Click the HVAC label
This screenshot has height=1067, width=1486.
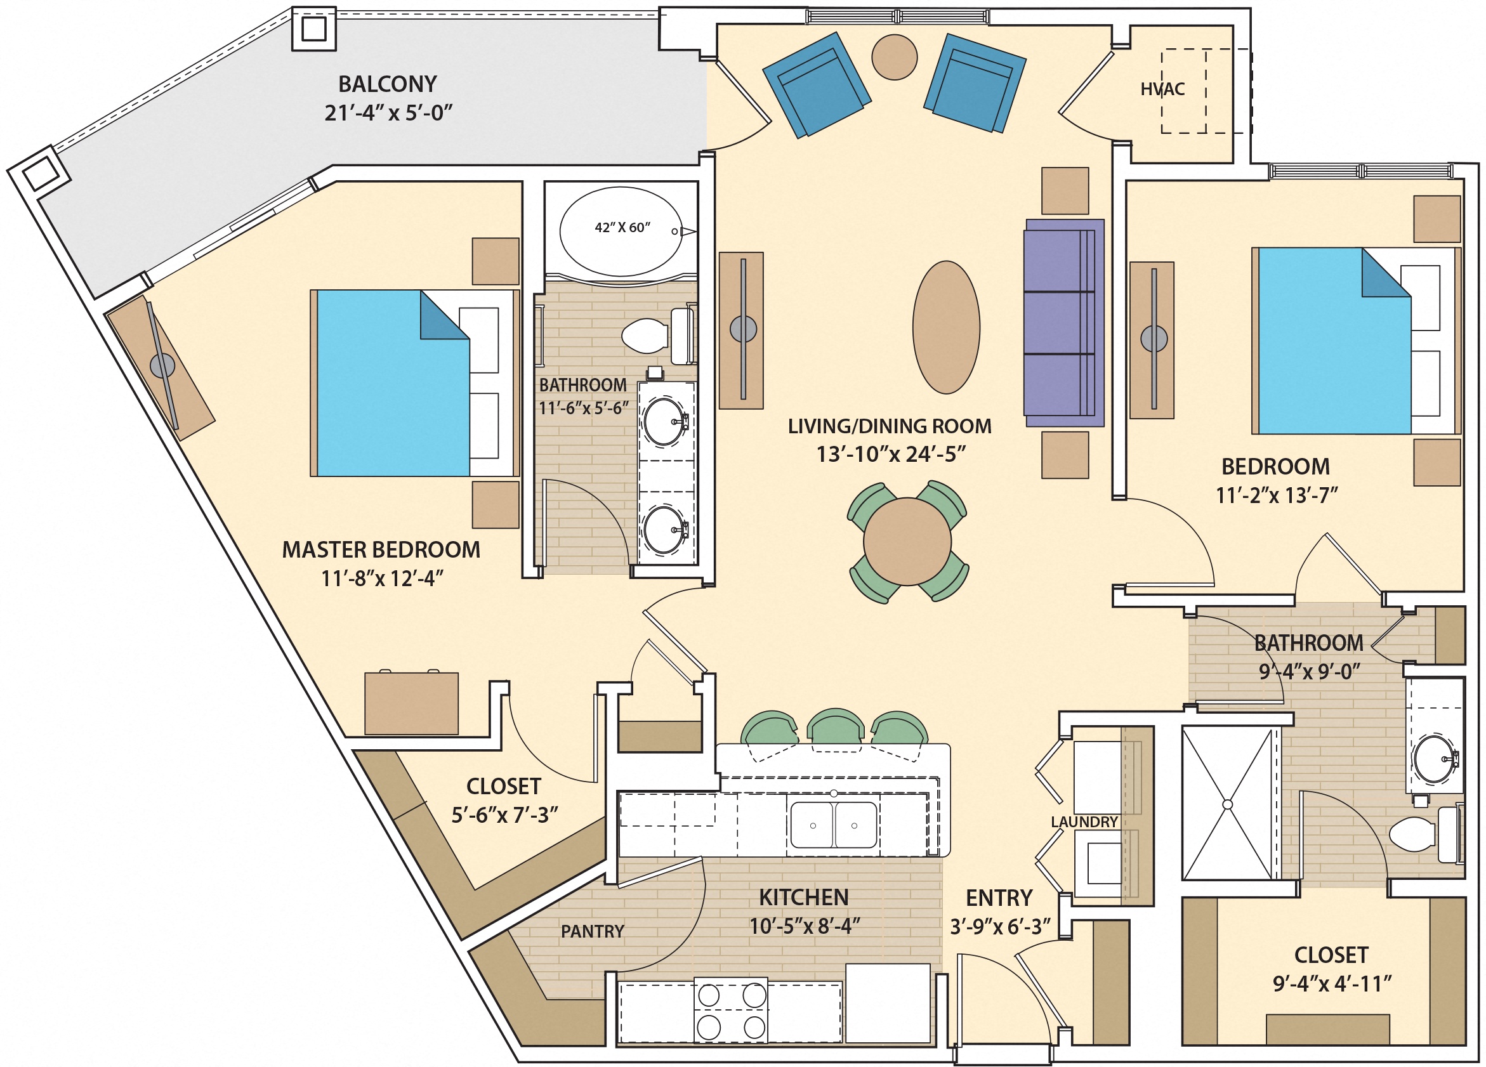(1162, 89)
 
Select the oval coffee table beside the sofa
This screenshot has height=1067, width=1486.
(946, 327)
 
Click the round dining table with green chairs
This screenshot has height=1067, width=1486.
(907, 542)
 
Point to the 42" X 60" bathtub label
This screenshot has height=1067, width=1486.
(622, 228)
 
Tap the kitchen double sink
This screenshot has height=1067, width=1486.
(834, 825)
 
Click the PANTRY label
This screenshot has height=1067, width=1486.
(592, 931)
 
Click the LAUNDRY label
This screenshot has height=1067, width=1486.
(1084, 822)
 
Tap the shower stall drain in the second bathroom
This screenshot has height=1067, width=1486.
(1228, 804)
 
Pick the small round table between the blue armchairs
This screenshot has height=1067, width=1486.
(895, 57)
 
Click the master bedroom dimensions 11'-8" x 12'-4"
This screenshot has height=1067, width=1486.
(382, 579)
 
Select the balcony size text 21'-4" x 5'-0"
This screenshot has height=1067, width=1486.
(388, 114)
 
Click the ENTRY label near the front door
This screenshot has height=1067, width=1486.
(999, 898)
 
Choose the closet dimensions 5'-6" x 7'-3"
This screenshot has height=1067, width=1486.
(504, 815)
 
